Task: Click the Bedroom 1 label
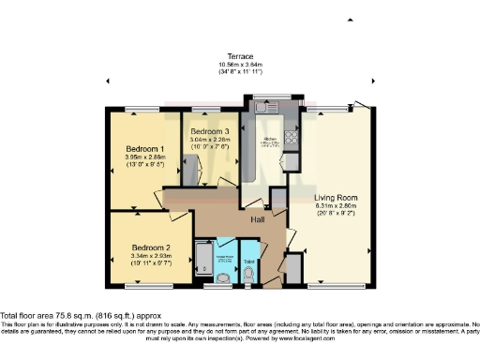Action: tap(145, 149)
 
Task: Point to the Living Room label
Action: tap(336, 198)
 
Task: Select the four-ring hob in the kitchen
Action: tap(291, 139)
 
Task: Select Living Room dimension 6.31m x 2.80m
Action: tap(336, 206)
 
